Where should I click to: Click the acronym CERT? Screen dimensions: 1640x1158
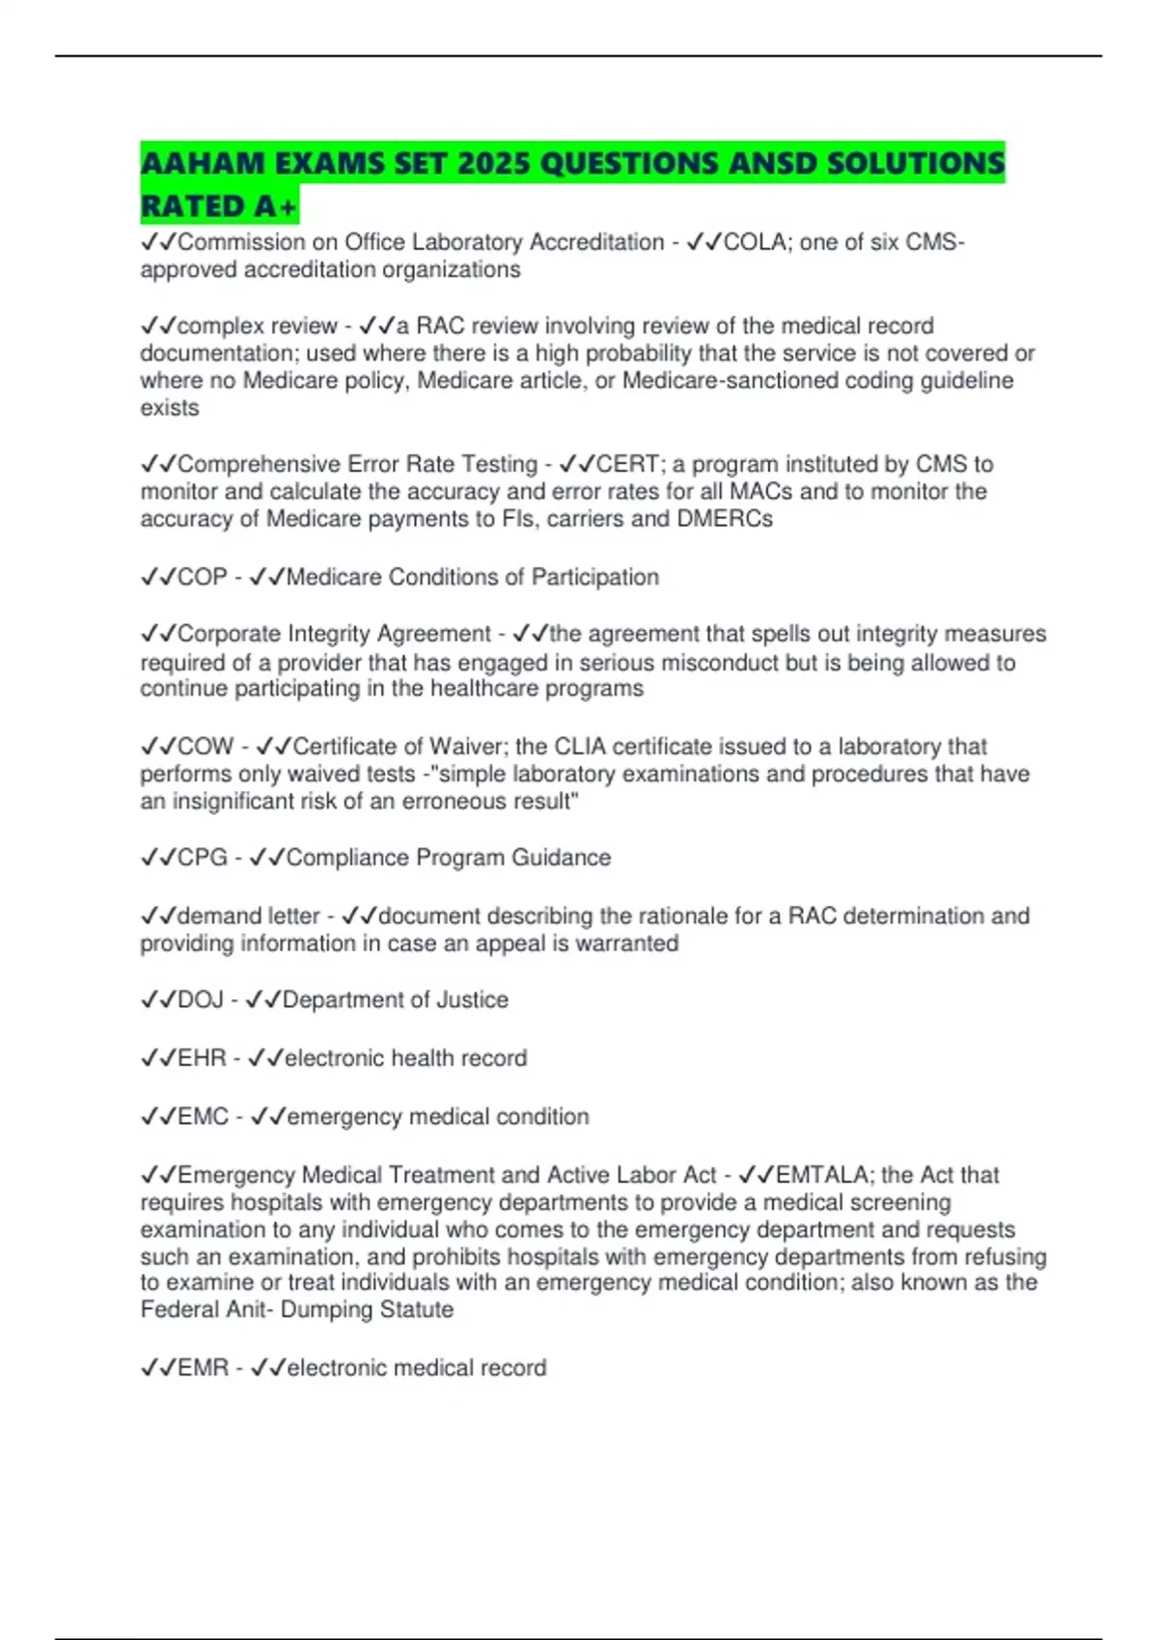click(x=628, y=464)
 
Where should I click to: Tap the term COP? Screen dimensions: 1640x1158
click(x=203, y=577)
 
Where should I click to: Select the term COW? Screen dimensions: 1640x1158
click(x=206, y=747)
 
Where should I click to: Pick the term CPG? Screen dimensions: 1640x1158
click(x=203, y=858)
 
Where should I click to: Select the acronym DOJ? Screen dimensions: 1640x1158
click(x=201, y=999)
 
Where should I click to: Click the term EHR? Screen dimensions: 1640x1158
click(x=202, y=1058)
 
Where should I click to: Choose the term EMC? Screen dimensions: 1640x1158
click(x=203, y=1116)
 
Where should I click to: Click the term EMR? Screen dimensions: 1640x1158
click(x=203, y=1368)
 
